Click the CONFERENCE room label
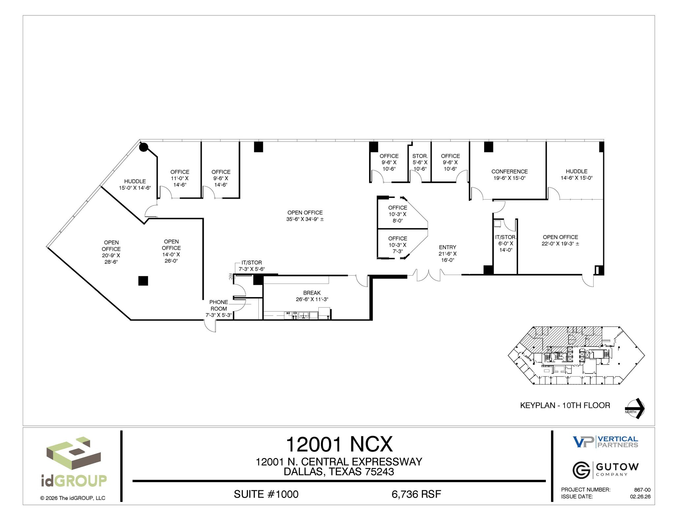point(509,172)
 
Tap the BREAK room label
point(312,293)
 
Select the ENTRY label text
point(447,247)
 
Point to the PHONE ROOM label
point(219,305)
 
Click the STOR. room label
point(420,156)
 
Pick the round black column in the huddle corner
point(143,147)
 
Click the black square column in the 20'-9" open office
point(143,281)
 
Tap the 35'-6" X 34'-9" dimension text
point(305,219)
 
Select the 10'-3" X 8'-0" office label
point(397,214)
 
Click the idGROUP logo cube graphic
point(73,454)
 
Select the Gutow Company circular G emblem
point(581,470)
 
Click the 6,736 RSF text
point(416,494)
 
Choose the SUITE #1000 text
point(266,494)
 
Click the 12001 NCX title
point(339,444)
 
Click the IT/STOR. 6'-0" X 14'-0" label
point(506,243)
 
